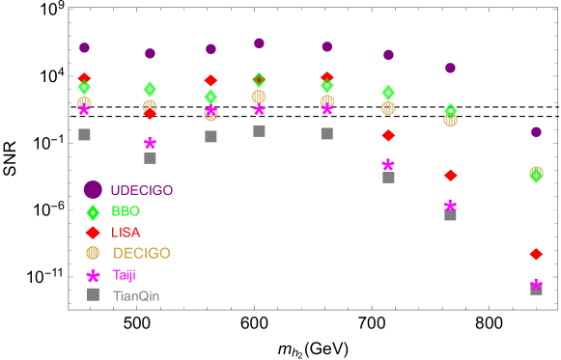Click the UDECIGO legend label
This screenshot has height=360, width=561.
[142, 190]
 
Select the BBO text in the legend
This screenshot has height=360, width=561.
[126, 211]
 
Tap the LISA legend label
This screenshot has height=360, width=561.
[126, 233]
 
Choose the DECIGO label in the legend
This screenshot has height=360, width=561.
[141, 254]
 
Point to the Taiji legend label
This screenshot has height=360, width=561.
[124, 275]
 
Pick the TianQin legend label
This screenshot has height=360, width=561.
[136, 295]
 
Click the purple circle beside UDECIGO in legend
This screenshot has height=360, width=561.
[93, 190]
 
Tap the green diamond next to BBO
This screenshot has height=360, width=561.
[93, 212]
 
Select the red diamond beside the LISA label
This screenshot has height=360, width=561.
[93, 233]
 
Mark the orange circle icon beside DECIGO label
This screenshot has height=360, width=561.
[93, 253]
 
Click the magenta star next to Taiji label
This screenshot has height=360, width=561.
[93, 275]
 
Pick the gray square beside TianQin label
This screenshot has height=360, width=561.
[93, 294]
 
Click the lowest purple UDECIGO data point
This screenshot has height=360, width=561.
[536, 132]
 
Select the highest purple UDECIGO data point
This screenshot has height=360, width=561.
[259, 43]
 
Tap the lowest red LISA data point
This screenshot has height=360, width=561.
[536, 254]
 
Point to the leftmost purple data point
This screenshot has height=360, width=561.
[84, 47]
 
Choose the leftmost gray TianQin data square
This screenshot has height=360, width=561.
[84, 134]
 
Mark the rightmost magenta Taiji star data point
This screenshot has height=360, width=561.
[536, 284]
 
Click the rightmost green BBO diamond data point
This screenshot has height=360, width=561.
[536, 175]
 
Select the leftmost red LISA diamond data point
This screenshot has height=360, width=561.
[84, 77]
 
